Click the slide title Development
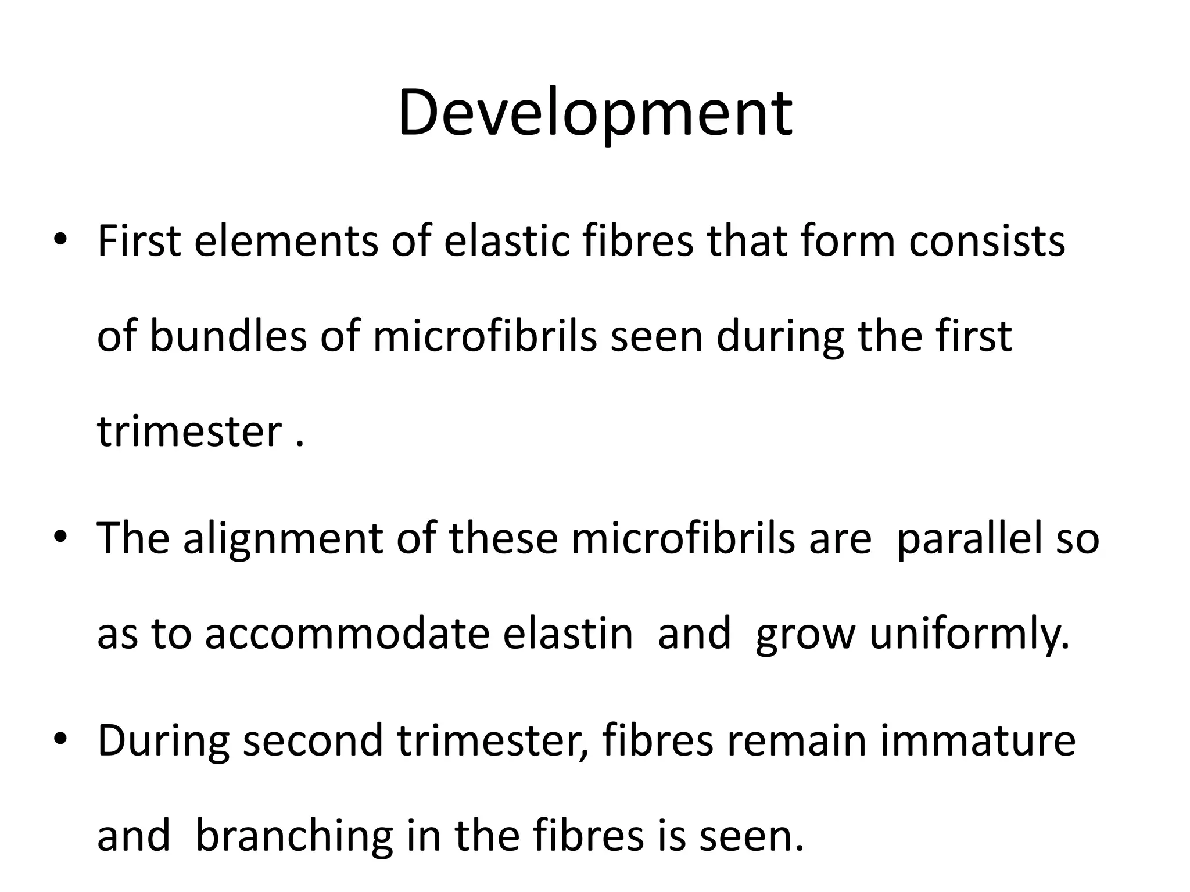tap(594, 113)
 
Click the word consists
tap(987, 240)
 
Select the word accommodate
tap(347, 633)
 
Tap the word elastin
tap(568, 633)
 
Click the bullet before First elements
tap(60, 240)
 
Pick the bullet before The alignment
tap(60, 538)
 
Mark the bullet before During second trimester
tap(60, 739)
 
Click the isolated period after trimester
tap(300, 445)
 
